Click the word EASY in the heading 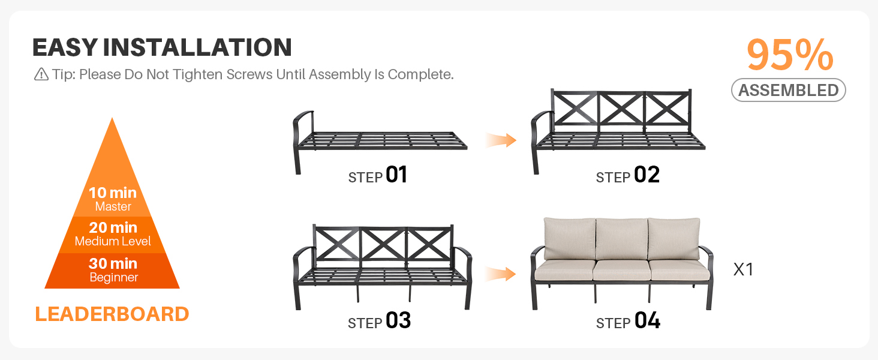[65, 48]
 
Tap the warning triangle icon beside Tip [41, 74]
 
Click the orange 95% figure [790, 55]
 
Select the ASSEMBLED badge [788, 90]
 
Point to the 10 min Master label [113, 199]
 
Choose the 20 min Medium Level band [113, 234]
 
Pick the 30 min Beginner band [113, 270]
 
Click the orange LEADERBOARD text [112, 314]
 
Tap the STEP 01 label [378, 175]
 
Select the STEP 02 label [628, 175]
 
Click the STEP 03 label [380, 321]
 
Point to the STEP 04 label [629, 321]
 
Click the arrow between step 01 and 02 [501, 140]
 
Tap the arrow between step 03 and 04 [501, 274]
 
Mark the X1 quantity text [743, 269]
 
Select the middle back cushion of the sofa [621, 239]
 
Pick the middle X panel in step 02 [621, 109]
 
